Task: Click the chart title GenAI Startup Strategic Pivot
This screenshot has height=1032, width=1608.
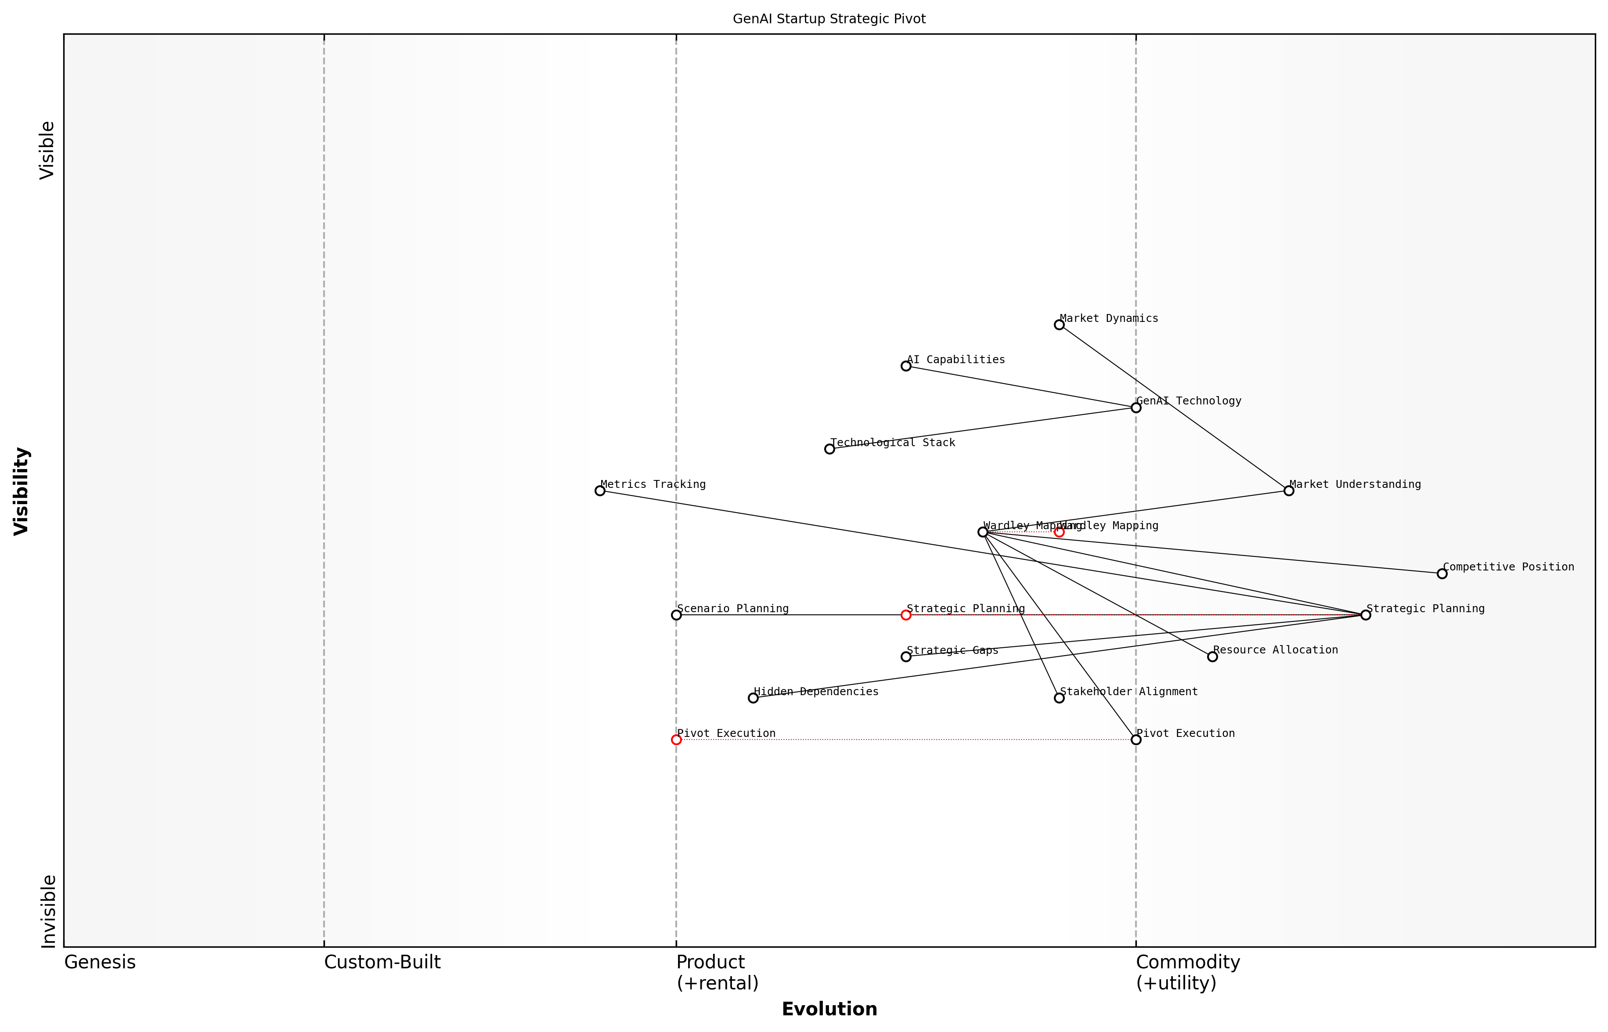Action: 829,19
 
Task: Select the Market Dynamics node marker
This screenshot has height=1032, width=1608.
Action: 1059,325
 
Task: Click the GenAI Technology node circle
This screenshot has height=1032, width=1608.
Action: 1136,408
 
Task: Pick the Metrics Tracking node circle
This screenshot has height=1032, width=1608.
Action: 600,491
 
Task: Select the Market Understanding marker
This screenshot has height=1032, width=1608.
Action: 1288,491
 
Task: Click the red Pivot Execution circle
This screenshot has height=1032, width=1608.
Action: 676,740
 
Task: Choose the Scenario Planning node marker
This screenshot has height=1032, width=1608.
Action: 676,615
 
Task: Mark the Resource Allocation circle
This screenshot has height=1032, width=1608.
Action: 1212,657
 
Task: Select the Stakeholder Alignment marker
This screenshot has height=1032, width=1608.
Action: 1059,698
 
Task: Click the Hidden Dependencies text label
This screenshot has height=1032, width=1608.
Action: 815,692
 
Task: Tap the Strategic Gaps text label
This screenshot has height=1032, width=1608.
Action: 952,650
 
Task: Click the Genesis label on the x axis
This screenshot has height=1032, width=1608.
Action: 100,962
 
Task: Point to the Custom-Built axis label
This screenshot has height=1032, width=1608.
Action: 382,962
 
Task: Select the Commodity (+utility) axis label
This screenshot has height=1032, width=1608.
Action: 1187,972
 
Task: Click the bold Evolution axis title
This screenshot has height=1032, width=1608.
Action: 829,1009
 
